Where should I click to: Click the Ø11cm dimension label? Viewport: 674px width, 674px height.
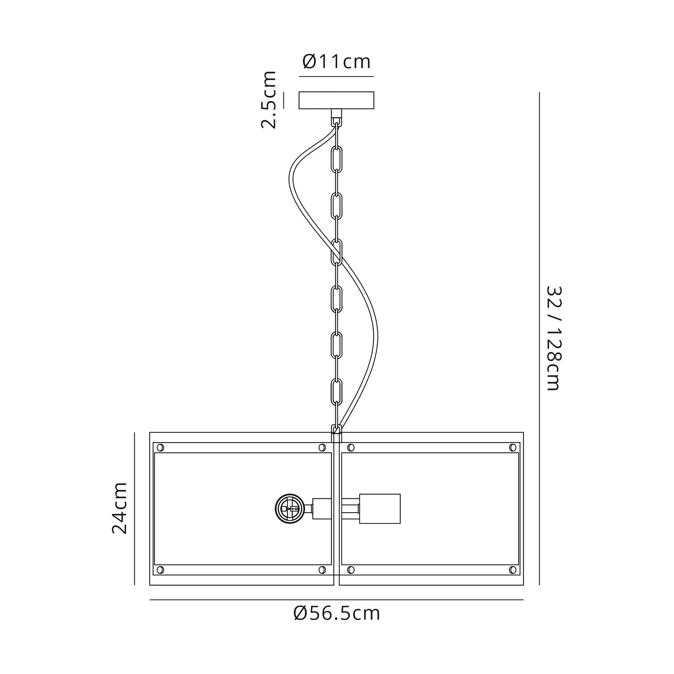pyautogui.click(x=337, y=62)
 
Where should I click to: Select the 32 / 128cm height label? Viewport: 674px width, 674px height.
pyautogui.click(x=554, y=338)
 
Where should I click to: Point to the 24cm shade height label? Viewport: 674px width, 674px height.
pyautogui.click(x=119, y=508)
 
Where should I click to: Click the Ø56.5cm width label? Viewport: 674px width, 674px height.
pyautogui.click(x=337, y=613)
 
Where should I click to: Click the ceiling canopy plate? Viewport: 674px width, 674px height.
pyautogui.click(x=337, y=100)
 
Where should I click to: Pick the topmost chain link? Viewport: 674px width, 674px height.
pyautogui.click(x=337, y=158)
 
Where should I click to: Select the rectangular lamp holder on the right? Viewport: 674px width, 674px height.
pyautogui.click(x=379, y=509)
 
